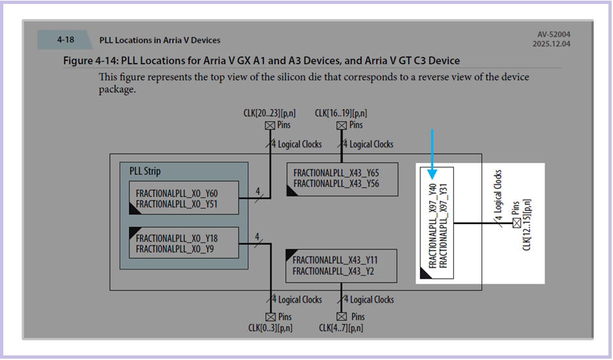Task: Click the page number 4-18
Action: pyautogui.click(x=65, y=39)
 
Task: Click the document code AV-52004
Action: pyautogui.click(x=554, y=35)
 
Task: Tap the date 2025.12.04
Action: pyautogui.click(x=551, y=44)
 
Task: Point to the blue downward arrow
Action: pyautogui.click(x=432, y=154)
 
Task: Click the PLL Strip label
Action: pyautogui.click(x=145, y=171)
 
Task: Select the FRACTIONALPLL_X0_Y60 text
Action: pyautogui.click(x=177, y=194)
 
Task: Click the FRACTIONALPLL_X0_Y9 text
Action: pyautogui.click(x=175, y=249)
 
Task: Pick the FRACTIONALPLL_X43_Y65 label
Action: pyautogui.click(x=336, y=173)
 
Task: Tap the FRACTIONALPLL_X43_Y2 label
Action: pyautogui.click(x=333, y=271)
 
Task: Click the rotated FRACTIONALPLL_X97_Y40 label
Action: pyautogui.click(x=432, y=226)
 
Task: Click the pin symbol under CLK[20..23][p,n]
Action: pyautogui.click(x=270, y=126)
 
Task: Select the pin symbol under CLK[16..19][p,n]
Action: pyautogui.click(x=342, y=126)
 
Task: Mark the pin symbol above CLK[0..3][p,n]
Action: pyautogui.click(x=270, y=317)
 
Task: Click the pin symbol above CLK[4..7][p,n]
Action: pyautogui.click(x=342, y=317)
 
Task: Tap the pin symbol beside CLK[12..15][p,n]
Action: pyautogui.click(x=517, y=223)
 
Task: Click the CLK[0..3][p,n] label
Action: pyautogui.click(x=270, y=328)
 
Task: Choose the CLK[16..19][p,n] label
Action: pyautogui.click(x=341, y=113)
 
